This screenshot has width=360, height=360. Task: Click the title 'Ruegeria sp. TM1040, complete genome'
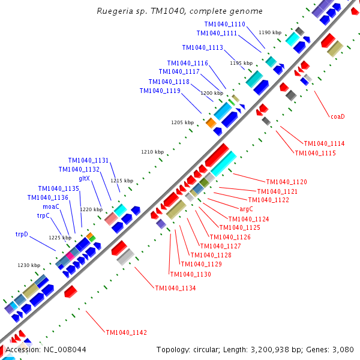(179, 11)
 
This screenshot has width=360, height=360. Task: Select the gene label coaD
(338, 116)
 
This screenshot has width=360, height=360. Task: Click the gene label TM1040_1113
(203, 47)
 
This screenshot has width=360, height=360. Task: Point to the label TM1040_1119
(160, 91)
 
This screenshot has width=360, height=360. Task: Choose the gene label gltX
(84, 178)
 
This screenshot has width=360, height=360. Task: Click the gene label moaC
(50, 206)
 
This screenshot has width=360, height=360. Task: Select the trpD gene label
(22, 234)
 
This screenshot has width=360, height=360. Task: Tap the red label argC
(246, 209)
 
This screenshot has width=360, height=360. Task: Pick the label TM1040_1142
(127, 332)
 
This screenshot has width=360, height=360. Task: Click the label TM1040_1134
(175, 288)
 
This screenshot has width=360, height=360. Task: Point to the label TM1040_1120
(286, 182)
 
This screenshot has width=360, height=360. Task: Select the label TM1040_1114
(324, 143)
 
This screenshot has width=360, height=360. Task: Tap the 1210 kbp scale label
(152, 152)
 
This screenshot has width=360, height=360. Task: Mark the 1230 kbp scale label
(29, 265)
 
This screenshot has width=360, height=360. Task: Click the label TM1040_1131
(88, 160)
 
